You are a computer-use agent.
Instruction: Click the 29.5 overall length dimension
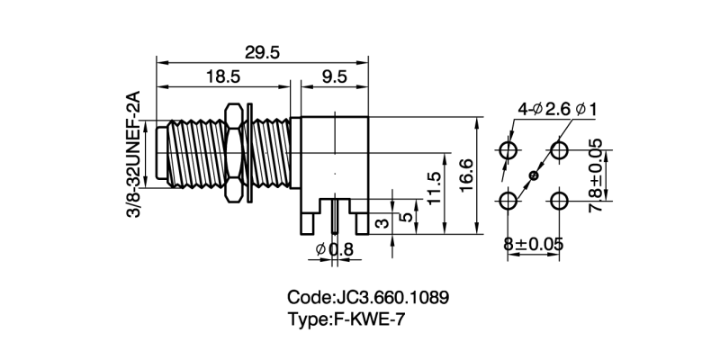point(262,53)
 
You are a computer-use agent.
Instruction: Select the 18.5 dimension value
point(222,78)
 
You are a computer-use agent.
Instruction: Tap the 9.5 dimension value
point(334,78)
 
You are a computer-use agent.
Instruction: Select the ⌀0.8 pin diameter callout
point(333,250)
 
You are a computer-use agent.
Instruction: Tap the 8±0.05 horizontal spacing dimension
point(535,243)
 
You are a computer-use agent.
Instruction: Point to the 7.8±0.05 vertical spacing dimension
point(595,174)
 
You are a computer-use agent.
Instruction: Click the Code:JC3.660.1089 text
point(368,296)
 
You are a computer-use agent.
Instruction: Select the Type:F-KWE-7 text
point(352,317)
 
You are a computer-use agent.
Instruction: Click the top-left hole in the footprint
point(508,148)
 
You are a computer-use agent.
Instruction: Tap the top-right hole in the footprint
point(561,148)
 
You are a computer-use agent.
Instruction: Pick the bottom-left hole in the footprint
point(508,200)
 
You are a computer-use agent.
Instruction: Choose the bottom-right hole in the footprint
point(561,200)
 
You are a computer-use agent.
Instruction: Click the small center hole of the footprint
point(535,175)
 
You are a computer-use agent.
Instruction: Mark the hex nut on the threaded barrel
point(233,153)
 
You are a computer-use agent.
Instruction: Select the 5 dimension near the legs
point(407,217)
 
